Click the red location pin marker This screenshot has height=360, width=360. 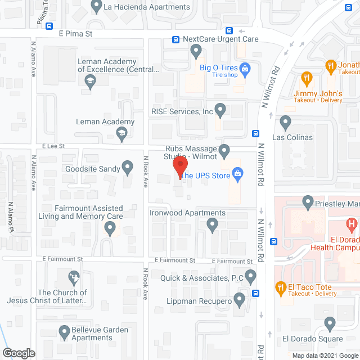coord(179,167)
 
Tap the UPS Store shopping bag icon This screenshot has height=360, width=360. coord(237,175)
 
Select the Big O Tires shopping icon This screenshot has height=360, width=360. coord(245,70)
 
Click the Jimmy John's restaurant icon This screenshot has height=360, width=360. coord(307,78)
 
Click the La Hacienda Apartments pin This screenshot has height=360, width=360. coord(96,7)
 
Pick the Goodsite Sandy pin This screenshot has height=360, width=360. coord(128,167)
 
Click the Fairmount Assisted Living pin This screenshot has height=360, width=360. coord(110,228)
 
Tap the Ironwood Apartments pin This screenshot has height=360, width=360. coord(212,226)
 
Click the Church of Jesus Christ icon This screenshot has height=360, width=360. coord(74,277)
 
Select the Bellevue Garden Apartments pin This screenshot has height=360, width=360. coord(64,334)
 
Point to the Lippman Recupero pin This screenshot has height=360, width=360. coord(240,300)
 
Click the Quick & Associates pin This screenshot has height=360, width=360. coord(250,276)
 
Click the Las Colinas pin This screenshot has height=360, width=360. coord(286,122)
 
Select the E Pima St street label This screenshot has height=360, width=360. coord(75,34)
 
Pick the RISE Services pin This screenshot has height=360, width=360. coord(220,109)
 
